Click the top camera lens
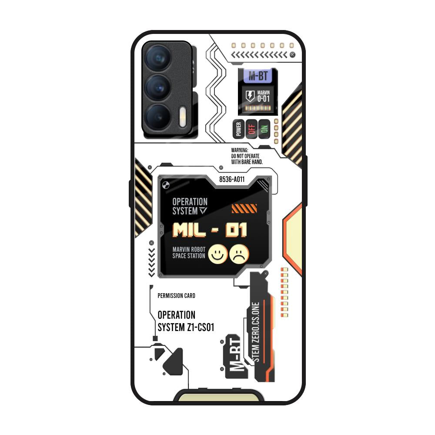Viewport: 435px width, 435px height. [x=158, y=58]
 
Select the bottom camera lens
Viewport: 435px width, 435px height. [x=158, y=117]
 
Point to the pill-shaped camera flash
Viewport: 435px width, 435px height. [x=183, y=117]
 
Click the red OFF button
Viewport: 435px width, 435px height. [x=251, y=129]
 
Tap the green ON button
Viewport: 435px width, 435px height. [x=264, y=129]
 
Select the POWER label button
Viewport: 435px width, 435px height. [x=238, y=129]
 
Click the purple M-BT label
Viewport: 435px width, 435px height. [x=258, y=76]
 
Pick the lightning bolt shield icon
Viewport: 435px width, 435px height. [x=250, y=96]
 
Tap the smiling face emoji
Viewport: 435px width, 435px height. [x=218, y=254]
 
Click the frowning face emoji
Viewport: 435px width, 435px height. [x=239, y=254]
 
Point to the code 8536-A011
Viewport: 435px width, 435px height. [x=232, y=180]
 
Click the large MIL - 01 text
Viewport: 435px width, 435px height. [x=210, y=230]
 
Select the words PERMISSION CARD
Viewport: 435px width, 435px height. [x=177, y=296]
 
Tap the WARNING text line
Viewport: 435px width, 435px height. [x=240, y=150]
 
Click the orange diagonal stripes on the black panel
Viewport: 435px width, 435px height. [x=244, y=209]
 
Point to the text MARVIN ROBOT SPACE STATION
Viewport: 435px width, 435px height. [x=189, y=253]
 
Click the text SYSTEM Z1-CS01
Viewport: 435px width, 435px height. [x=186, y=328]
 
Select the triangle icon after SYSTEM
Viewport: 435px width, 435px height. [x=203, y=211]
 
